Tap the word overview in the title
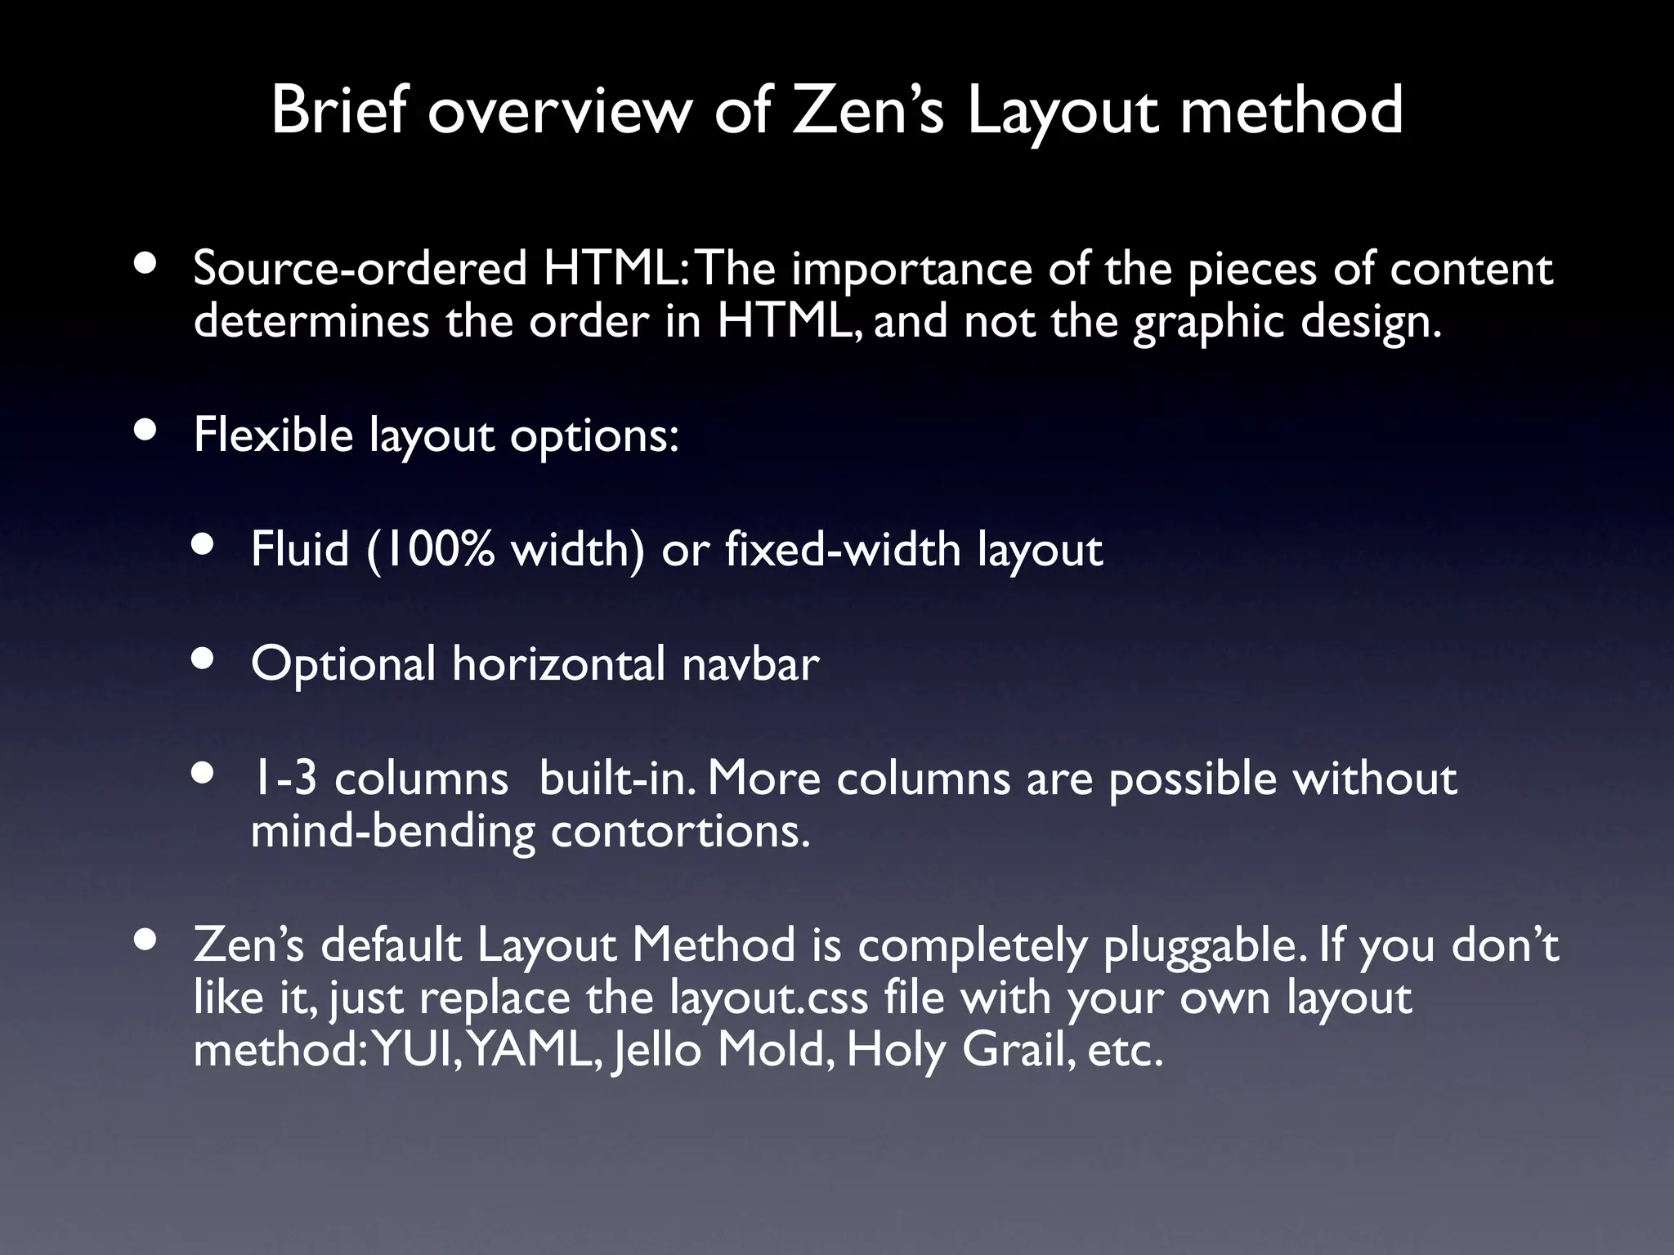coord(559,112)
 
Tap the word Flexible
coord(273,435)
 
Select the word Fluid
coord(299,549)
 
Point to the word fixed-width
coord(842,549)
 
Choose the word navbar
coord(750,663)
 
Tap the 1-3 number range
coord(284,778)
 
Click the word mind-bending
coord(392,832)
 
